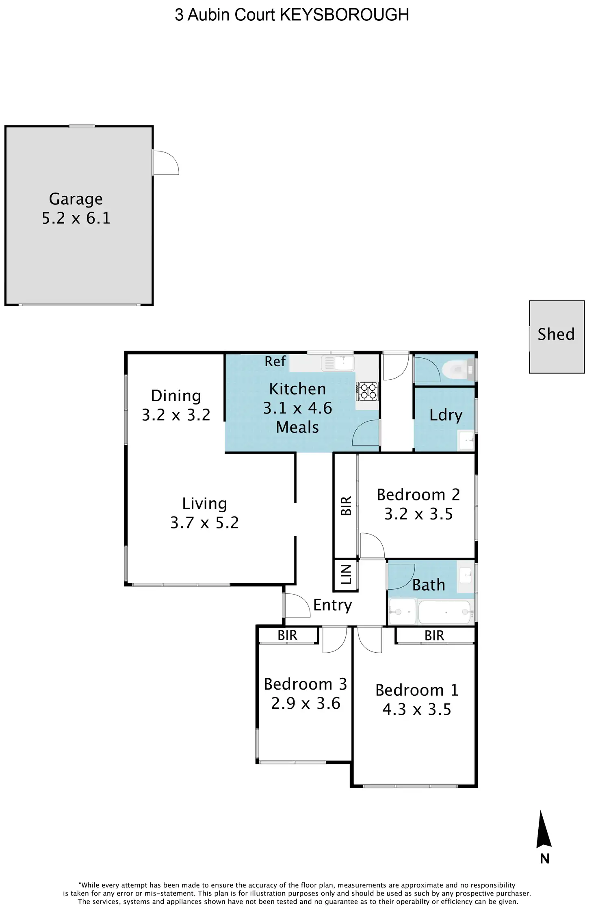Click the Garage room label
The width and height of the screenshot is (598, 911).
76,199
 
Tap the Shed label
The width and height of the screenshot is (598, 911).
556,334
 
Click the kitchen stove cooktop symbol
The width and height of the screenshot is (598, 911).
367,391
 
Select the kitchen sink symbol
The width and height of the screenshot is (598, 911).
338,363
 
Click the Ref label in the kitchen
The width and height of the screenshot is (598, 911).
275,361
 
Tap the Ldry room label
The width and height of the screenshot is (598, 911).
446,415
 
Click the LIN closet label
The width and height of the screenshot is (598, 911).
346,574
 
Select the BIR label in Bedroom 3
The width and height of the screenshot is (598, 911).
287,636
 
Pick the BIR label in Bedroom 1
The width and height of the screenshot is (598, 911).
434,636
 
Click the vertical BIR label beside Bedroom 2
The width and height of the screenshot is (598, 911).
346,506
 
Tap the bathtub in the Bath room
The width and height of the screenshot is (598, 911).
445,612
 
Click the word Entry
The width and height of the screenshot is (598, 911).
332,605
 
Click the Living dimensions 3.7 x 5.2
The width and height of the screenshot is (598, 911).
204,523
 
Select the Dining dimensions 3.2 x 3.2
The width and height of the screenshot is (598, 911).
176,415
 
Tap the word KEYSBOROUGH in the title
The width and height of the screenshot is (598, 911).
344,15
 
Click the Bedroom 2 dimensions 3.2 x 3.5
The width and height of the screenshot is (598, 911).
418,514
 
